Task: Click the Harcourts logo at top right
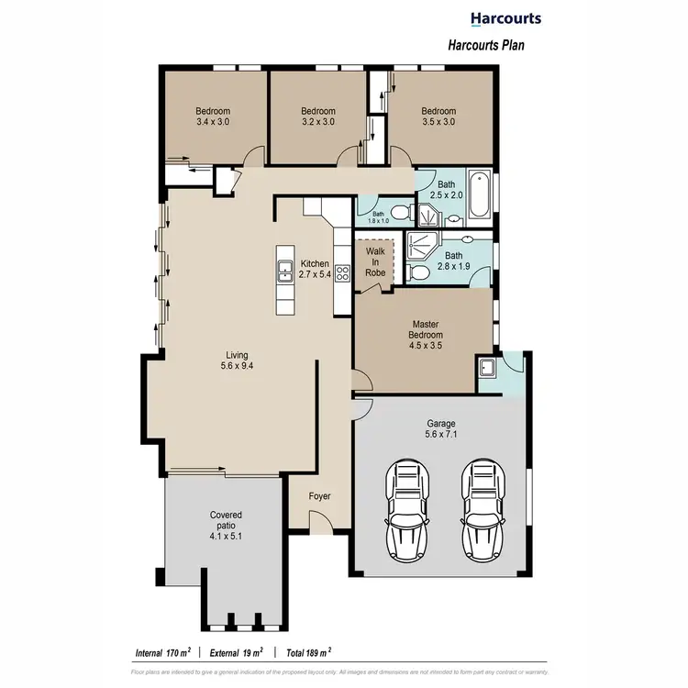[x=505, y=18]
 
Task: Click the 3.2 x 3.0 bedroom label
[x=318, y=117]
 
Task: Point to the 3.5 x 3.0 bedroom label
[x=438, y=117]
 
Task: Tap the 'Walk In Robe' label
[x=375, y=261]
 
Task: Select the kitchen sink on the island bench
[x=284, y=272]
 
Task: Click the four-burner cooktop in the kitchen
[x=342, y=272]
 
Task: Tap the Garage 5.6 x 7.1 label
[x=442, y=429]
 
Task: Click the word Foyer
[x=318, y=496]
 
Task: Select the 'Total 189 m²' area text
[x=308, y=653]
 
